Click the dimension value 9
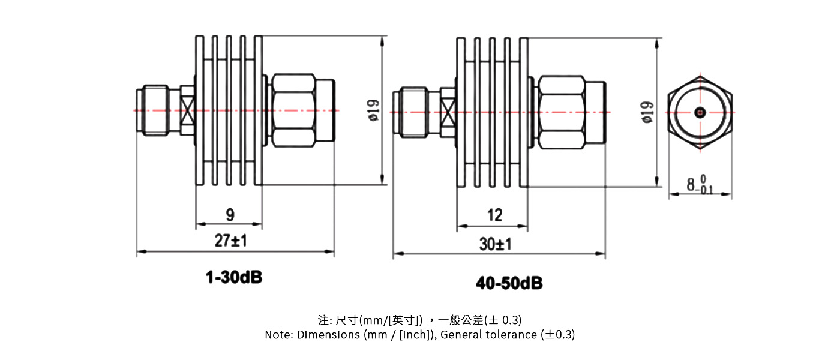[x=230, y=214]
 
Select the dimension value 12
[x=494, y=215]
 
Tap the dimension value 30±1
[x=495, y=244]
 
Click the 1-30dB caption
[x=234, y=277]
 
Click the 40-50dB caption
[x=509, y=282]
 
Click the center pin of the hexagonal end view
[x=700, y=112]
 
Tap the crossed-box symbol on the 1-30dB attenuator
[x=187, y=110]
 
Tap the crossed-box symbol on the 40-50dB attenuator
[x=448, y=112]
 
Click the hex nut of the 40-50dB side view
[x=561, y=112]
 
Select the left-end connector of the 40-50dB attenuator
[x=416, y=112]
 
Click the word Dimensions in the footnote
[x=329, y=335]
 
